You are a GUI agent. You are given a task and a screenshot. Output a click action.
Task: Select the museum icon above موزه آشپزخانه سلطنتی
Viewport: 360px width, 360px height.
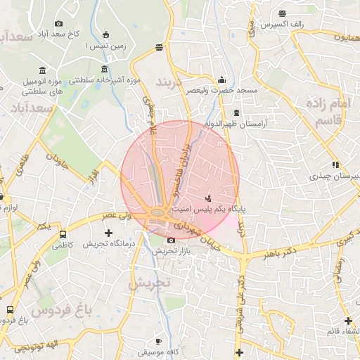pos(105,69)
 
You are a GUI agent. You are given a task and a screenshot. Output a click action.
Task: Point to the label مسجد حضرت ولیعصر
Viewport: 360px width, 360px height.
pos(222,91)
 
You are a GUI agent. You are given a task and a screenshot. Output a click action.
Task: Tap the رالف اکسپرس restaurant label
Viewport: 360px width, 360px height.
pos(281,25)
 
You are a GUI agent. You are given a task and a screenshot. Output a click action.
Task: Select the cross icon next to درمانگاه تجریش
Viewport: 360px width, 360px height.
pos(108,233)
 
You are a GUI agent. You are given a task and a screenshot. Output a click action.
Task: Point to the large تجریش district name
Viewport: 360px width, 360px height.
pos(149,283)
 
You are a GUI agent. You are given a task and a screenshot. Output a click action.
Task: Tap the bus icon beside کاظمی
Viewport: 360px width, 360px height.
pos(63,234)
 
